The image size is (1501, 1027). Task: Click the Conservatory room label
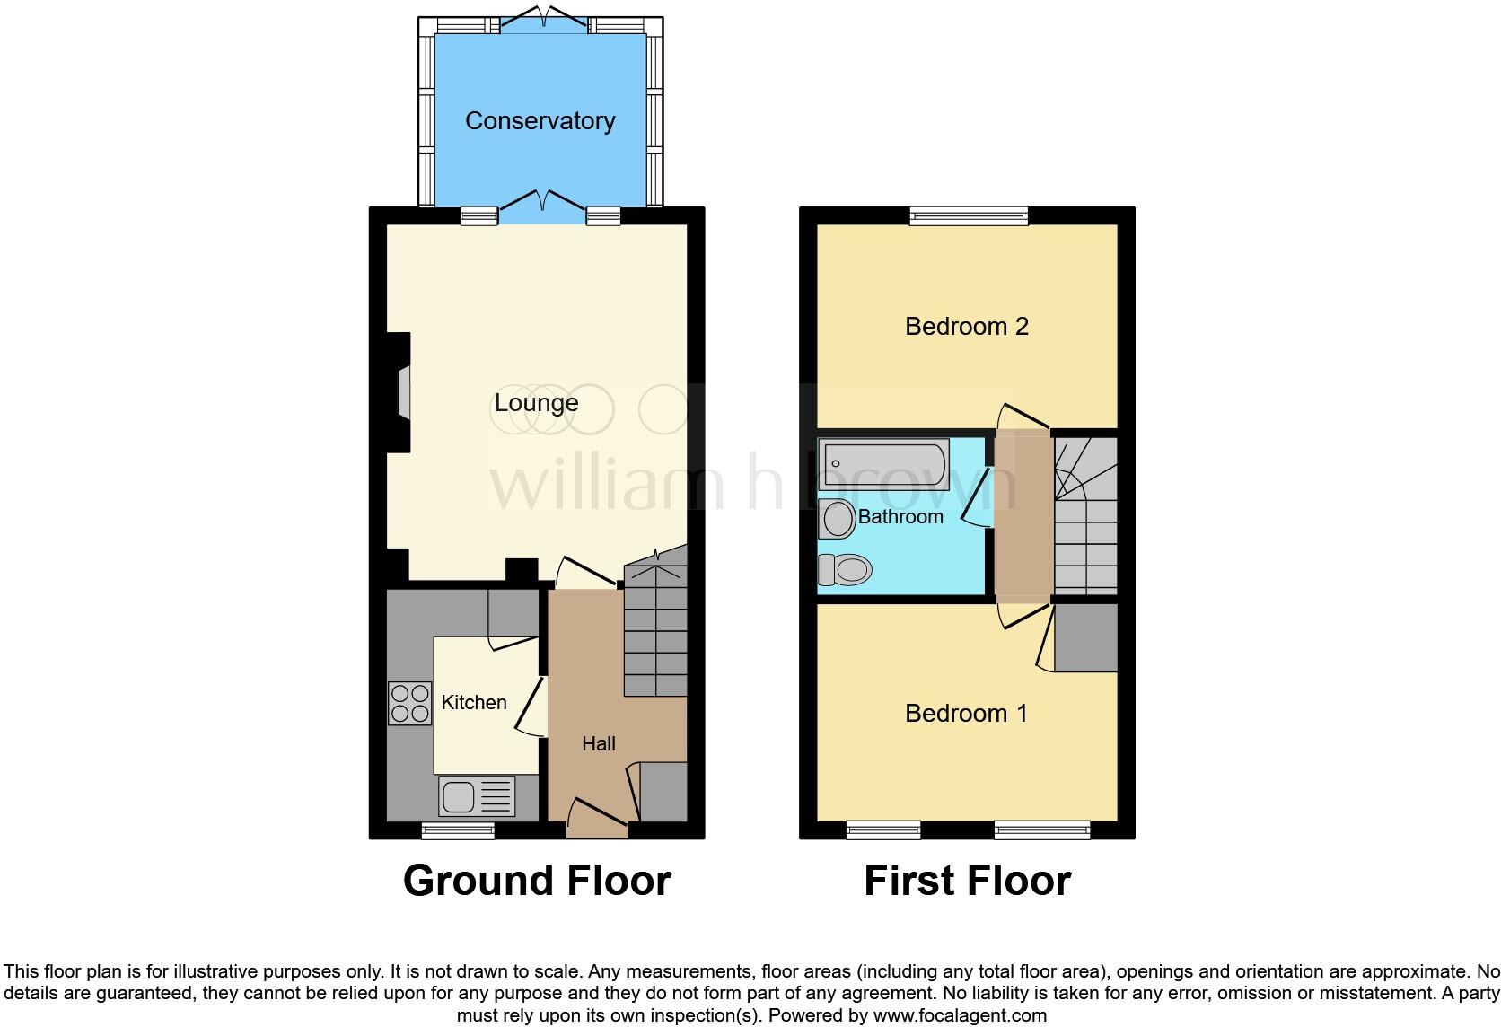[x=540, y=121]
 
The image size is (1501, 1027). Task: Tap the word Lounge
[x=536, y=403]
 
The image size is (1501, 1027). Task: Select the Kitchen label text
[x=474, y=702]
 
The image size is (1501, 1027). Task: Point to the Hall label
[x=599, y=743]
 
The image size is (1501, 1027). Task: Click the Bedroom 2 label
[x=966, y=326]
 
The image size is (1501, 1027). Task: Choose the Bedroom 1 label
[x=966, y=713]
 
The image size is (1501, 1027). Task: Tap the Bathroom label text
[x=900, y=516]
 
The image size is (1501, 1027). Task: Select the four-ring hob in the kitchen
[x=409, y=703]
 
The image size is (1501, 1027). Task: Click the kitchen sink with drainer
[x=477, y=796]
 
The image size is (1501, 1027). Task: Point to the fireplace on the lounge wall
[x=401, y=392]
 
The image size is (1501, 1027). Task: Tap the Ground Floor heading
[x=537, y=881]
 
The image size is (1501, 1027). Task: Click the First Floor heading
[x=967, y=881]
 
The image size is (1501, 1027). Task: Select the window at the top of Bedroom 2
[x=968, y=215]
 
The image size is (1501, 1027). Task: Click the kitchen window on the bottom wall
[x=458, y=830]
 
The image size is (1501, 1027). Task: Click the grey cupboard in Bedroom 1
[x=1086, y=637]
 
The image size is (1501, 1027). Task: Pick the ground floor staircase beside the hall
[x=655, y=628]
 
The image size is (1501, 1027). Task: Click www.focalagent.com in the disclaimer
[x=959, y=1016]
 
